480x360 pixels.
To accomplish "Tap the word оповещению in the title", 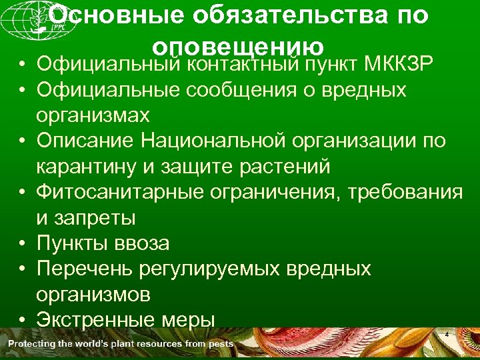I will point(239,47).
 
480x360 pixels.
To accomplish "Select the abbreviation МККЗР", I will point(399,65).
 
